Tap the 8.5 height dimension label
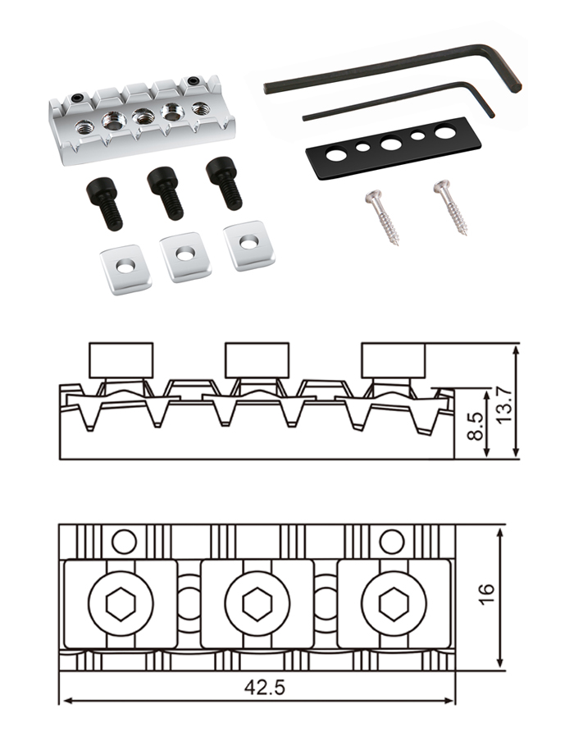coord(475,427)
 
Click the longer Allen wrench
coord(394,69)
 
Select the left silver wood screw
coord(384,215)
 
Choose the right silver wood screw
coord(451,207)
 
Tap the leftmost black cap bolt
coord(104,203)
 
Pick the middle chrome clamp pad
coord(185,255)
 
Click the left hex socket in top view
coord(120,606)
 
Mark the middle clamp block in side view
coord(257,360)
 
